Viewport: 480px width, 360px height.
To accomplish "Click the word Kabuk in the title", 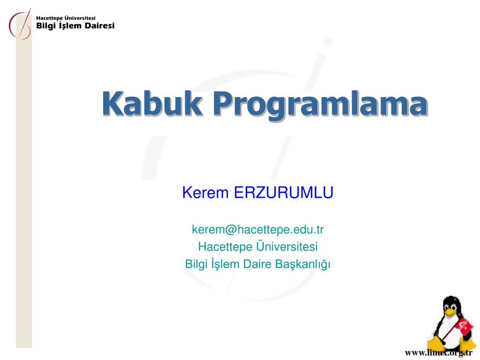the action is pos(152,104).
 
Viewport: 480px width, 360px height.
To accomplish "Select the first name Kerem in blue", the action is pos(205,193).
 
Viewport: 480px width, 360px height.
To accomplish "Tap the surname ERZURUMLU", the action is pos(284,193).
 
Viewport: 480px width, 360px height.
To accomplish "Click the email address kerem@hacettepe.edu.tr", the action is pos(258,230).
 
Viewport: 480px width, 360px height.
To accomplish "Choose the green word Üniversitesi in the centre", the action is pos(287,246).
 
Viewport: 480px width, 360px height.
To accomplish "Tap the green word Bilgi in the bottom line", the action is pos(196,264).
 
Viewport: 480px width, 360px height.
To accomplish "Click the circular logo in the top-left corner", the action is pos(20,25).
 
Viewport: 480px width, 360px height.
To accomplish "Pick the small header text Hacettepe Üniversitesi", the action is pos(66,18).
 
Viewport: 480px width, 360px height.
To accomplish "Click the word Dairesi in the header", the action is pos(99,26).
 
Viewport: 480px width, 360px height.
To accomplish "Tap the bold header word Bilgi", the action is pos(46,26).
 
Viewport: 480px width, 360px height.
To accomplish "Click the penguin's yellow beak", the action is pos(450,312).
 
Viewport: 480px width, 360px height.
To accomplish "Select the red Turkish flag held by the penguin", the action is pos(464,327).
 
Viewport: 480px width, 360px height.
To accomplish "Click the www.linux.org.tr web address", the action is pos(439,353).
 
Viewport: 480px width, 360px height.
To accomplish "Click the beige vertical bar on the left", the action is pos(24,193).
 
